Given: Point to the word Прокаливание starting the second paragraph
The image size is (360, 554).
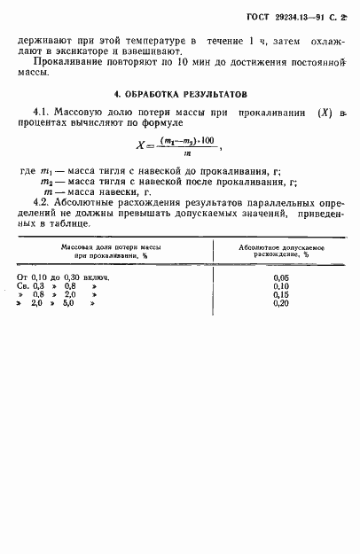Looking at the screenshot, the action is [x=65, y=68].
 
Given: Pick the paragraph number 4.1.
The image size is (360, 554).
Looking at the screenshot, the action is [x=42, y=112].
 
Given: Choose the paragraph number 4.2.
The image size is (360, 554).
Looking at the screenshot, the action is [x=42, y=202].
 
